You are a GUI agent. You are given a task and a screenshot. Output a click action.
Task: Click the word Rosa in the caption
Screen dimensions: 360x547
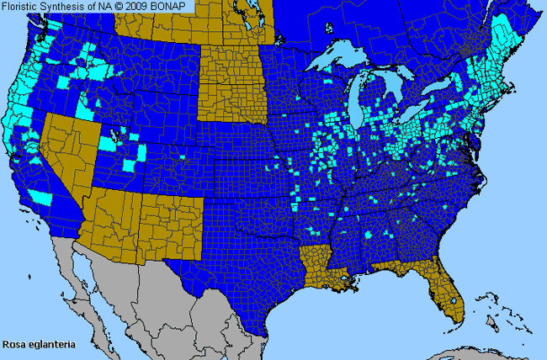pyautogui.click(x=13, y=344)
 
